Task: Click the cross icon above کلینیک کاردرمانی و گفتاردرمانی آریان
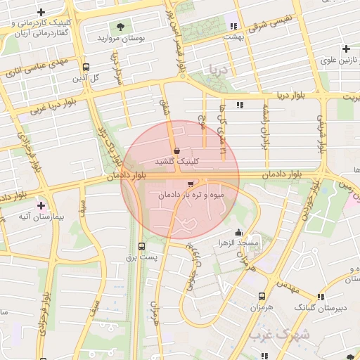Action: [42, 13]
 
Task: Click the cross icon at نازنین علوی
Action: [346, 49]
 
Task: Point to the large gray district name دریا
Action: [218, 70]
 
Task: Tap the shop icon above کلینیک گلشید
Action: [176, 150]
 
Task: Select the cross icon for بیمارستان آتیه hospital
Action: [41, 206]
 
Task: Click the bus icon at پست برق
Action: [143, 246]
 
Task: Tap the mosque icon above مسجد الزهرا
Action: [239, 233]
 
